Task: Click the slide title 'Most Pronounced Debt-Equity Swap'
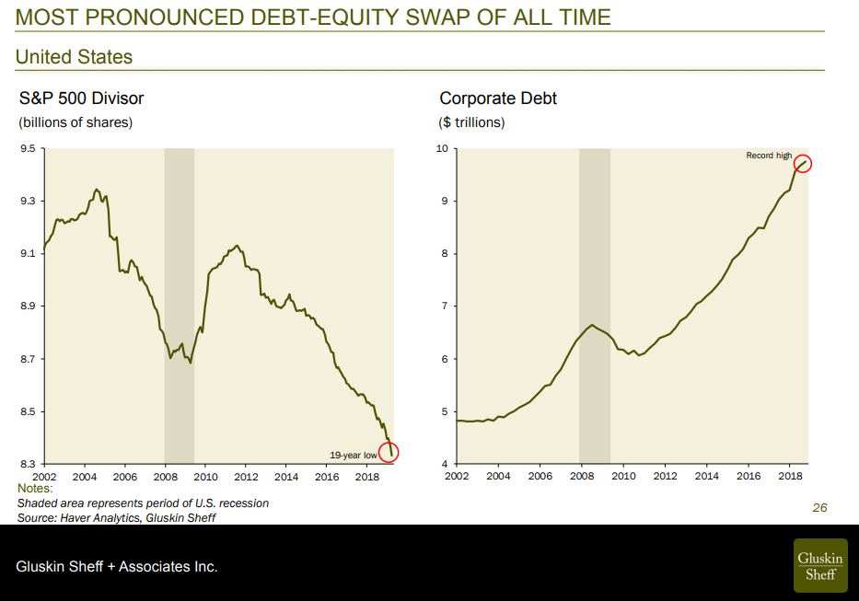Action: (313, 17)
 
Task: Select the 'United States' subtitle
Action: (74, 57)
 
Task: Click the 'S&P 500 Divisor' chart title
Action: (81, 98)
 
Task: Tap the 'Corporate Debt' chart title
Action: (498, 98)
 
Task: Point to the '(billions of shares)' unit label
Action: (75, 122)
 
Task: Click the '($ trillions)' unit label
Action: (471, 122)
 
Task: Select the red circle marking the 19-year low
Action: (389, 453)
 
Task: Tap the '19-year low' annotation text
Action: (354, 455)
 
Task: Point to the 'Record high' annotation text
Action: (769, 156)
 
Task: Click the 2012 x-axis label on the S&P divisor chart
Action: (246, 477)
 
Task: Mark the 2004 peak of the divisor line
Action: (97, 190)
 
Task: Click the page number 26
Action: (819, 507)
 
